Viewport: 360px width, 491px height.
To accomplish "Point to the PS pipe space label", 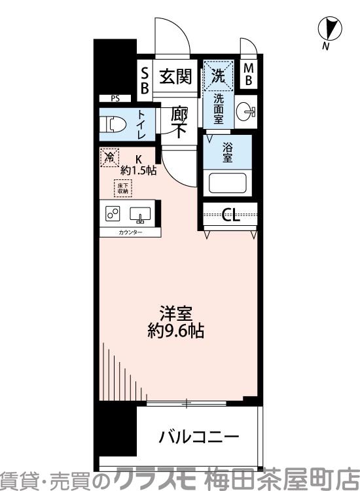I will tap(115, 99).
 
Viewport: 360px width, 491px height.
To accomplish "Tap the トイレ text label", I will tap(141, 124).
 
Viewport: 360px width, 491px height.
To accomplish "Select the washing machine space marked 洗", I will tap(218, 76).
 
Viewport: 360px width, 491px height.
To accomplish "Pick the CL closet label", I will tap(230, 215).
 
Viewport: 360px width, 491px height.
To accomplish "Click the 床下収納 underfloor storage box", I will tap(123, 189).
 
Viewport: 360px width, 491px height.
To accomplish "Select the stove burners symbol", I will tap(112, 214).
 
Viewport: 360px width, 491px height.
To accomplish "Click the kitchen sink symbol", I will tap(140, 214).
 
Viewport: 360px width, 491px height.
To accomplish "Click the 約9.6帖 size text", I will tap(175, 331).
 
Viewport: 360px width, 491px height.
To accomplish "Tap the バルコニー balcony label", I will tap(198, 437).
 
